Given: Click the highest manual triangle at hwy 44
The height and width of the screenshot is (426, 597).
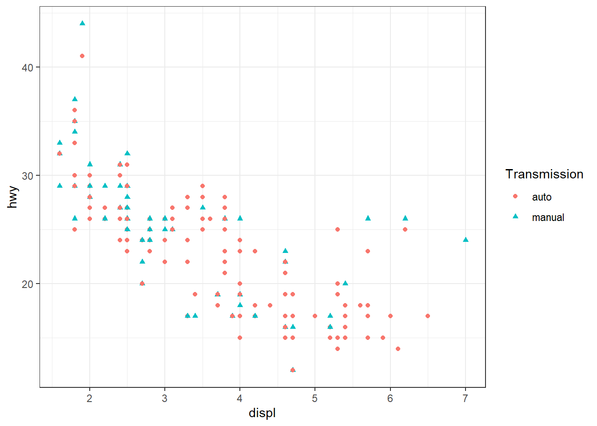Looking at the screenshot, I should coord(82,24).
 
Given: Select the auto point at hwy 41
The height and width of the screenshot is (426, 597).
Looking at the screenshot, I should coord(82,56).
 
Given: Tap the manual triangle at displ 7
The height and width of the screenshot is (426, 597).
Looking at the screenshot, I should coord(466,240).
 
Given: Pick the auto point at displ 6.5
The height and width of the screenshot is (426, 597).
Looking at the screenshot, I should coord(428,316).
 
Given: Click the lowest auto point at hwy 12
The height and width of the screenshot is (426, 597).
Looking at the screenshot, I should coord(293,370).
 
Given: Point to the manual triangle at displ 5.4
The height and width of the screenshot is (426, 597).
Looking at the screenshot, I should coord(345,283).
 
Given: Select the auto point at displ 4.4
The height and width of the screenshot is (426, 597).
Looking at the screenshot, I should coord(270,305).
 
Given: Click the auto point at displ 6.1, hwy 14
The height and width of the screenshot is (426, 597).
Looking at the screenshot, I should coord(398,349).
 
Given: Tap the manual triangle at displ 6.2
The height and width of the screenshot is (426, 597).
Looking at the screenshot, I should coord(405,218).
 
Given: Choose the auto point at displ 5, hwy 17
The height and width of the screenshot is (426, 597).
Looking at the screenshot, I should coord(315,316).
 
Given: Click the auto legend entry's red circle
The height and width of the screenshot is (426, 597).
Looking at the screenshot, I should coord(515,196).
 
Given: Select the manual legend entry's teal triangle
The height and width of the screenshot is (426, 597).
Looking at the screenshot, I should coord(515,216).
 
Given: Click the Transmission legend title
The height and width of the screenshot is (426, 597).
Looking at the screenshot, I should coord(544,174).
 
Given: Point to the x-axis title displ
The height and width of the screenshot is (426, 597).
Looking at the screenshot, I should coord(262,413).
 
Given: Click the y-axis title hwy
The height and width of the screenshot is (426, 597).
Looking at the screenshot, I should coord(13,197).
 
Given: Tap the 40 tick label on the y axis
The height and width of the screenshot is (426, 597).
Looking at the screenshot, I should coord(28,67).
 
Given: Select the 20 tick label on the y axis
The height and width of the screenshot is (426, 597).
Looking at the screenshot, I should coord(28,284).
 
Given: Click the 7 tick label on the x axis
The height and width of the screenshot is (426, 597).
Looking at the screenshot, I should coord(465,398).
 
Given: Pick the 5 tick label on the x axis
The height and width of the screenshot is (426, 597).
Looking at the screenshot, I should coord(315,398).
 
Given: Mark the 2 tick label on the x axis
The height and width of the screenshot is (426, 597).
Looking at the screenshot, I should coord(90,398).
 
